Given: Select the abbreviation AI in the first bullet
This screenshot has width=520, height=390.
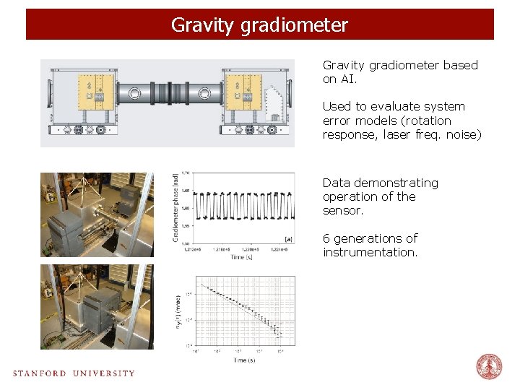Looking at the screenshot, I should tap(348, 79).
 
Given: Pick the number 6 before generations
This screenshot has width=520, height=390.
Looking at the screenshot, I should tap(326, 238).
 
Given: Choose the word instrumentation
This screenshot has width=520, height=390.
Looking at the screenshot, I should tap(370, 252).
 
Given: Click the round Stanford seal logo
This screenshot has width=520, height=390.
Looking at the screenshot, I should tap(489, 367).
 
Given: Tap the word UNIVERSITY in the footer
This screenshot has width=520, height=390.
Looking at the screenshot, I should tap(103, 373).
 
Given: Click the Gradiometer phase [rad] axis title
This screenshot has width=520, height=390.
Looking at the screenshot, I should tap(175, 207).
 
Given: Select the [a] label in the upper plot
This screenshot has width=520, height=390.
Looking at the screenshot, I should tap(288, 238).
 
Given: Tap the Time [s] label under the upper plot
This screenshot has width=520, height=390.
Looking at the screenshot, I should tap(240, 256).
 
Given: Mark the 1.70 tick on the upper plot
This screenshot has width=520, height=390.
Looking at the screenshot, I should tap(186, 173).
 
